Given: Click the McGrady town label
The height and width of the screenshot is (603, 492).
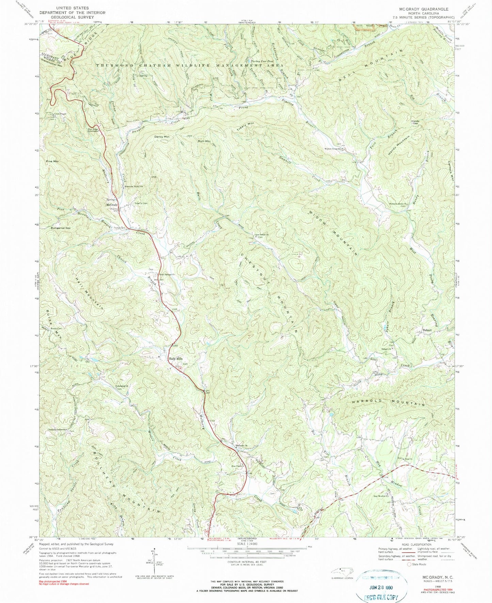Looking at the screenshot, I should (112, 205).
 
